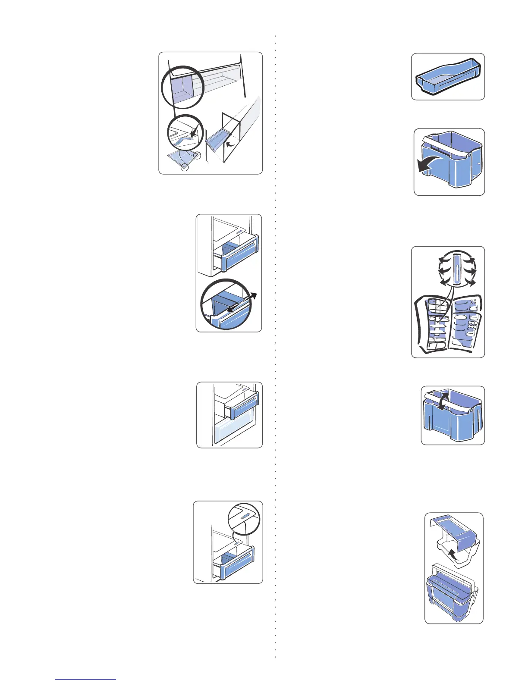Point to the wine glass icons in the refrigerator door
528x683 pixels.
[474, 302]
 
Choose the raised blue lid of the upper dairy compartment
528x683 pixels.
[457, 530]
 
